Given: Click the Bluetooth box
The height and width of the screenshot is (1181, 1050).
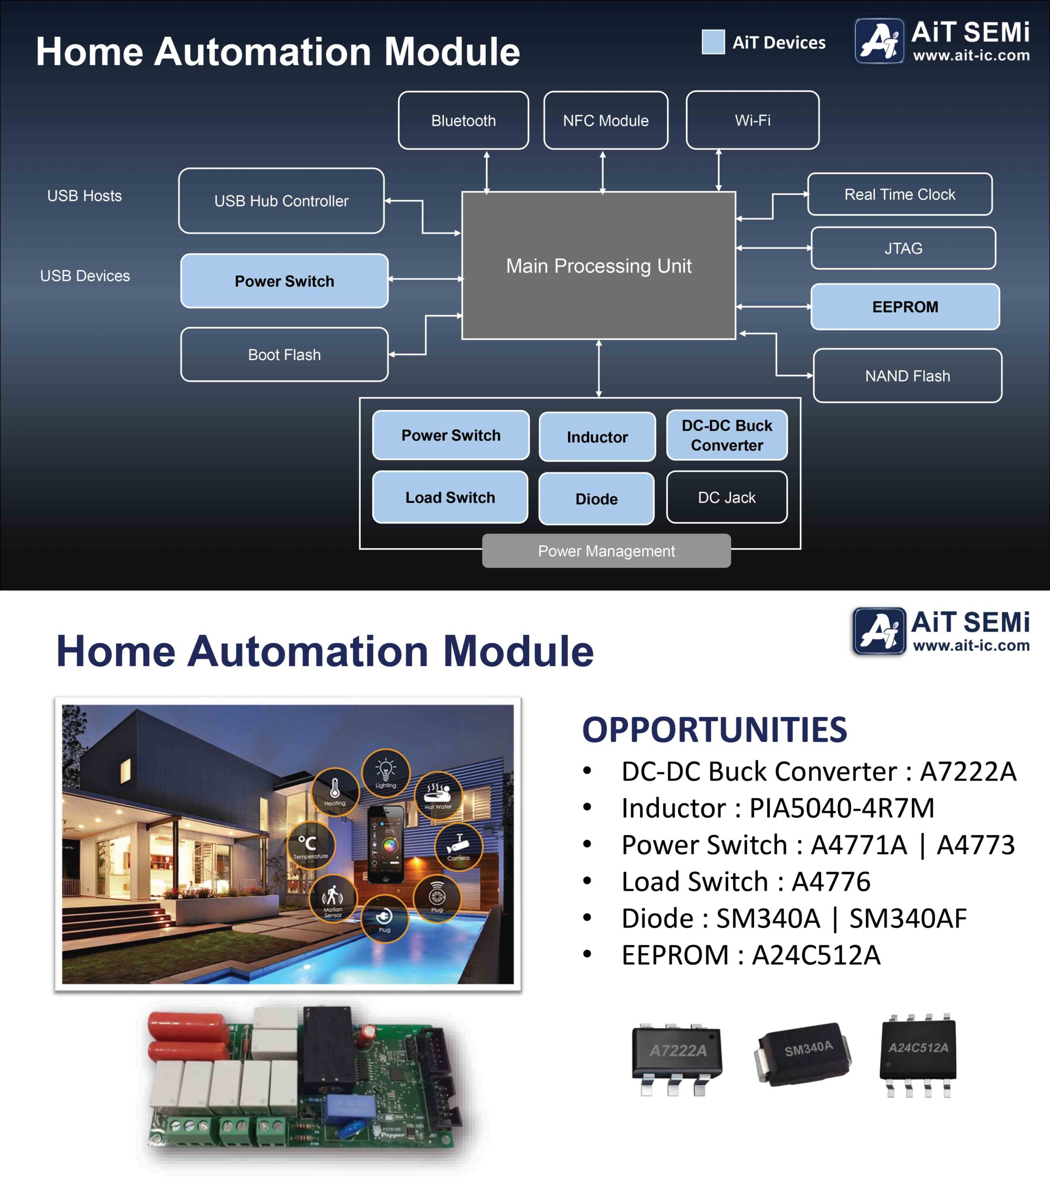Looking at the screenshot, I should click(x=464, y=120).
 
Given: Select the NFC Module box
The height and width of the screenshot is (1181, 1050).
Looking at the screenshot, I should click(x=606, y=120).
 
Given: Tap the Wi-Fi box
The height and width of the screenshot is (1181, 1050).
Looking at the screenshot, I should click(x=752, y=120).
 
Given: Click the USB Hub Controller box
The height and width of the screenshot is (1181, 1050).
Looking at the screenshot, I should click(x=281, y=201).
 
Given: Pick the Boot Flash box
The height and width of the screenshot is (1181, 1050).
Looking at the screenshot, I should click(x=284, y=355).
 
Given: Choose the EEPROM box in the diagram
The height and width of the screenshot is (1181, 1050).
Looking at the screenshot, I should click(x=905, y=307).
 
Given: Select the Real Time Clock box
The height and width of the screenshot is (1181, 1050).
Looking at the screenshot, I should click(x=900, y=195).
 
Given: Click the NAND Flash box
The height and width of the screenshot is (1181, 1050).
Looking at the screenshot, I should click(x=907, y=376).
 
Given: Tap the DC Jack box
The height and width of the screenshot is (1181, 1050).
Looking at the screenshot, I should click(x=727, y=497).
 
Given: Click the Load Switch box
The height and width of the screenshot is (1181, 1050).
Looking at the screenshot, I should click(x=450, y=497).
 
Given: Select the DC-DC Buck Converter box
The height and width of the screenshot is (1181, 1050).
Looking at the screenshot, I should click(x=727, y=435).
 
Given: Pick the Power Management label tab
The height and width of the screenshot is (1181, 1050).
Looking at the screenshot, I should click(x=606, y=551).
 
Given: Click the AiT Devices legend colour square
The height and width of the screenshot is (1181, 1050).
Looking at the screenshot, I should click(x=713, y=42).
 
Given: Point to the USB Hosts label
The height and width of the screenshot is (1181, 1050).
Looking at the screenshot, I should click(x=84, y=196).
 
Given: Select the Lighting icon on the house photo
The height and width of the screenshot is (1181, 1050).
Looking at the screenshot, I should click(x=385, y=773).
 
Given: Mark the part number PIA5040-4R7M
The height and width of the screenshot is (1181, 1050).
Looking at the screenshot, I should click(x=841, y=808).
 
